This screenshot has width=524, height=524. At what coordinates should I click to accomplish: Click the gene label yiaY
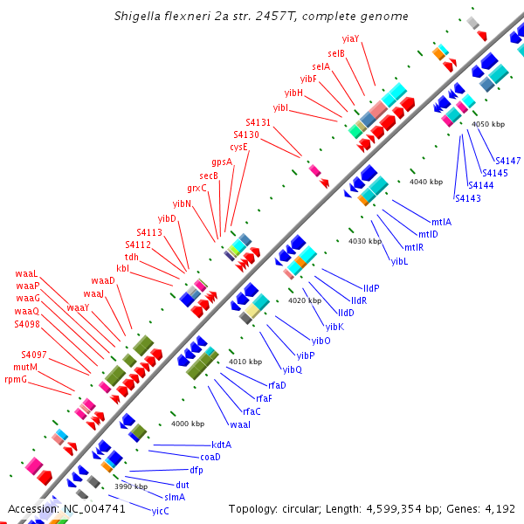351,39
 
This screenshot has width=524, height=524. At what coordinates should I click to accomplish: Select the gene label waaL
27,274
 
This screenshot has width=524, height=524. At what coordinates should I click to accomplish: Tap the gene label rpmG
16,379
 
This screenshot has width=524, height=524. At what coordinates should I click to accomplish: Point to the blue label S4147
507,161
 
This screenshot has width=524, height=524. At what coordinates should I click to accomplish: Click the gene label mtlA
441,222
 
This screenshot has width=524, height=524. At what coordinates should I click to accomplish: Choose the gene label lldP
371,287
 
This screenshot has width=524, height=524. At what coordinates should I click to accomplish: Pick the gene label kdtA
221,445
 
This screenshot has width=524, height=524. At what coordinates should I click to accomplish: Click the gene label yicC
160,511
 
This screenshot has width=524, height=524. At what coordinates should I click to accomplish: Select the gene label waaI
240,424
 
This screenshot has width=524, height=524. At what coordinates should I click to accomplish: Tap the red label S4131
259,123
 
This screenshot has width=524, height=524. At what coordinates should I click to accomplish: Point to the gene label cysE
238,147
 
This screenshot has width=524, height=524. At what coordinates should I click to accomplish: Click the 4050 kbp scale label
488,124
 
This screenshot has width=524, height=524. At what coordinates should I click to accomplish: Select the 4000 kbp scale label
188,424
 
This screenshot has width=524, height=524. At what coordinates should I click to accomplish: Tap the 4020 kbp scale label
305,300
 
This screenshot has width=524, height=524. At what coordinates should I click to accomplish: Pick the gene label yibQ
292,369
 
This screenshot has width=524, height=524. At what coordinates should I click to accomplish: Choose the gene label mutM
25,367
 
